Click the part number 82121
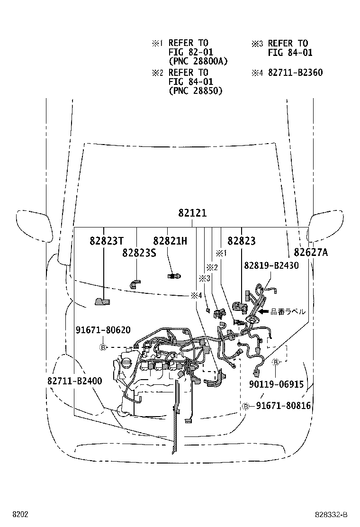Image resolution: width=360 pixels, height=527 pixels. pos(192,214)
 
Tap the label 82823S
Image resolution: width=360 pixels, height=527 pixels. pos(139,252)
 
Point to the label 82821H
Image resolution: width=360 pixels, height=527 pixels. pos(170,241)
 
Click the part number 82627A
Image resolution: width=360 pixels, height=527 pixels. pos(310,252)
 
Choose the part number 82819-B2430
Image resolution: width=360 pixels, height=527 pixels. pos(271,265)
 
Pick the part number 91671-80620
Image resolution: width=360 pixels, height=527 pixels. pos(103,330)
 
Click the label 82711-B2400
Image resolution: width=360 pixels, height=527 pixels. pos(74,381)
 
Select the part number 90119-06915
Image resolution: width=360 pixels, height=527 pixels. pos(276,385)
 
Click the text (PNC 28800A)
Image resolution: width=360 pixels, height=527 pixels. pos(198,61)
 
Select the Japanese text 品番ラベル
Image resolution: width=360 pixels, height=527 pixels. pos(288,312)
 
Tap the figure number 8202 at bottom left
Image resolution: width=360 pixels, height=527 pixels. pos(20,514)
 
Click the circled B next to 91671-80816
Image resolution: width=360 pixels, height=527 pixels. pos(246,406)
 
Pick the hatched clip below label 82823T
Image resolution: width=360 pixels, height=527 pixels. pos(101,301)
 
